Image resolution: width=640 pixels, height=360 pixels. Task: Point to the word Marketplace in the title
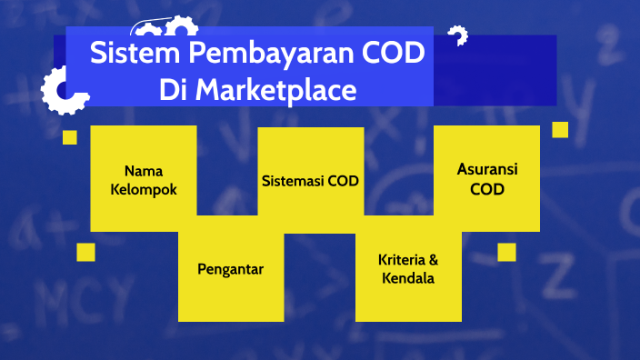[x=274, y=91]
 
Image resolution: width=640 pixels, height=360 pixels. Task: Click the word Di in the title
[x=173, y=91]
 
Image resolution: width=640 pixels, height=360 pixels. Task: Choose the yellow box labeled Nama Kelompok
[x=144, y=179]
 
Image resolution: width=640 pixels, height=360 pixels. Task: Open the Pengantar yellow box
[x=231, y=269]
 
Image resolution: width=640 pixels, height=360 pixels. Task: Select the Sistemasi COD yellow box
[x=311, y=179]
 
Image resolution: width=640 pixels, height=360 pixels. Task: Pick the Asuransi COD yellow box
[x=486, y=179]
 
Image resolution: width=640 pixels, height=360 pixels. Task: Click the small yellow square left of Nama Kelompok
[x=69, y=137]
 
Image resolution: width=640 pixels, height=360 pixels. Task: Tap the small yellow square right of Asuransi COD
[x=560, y=130]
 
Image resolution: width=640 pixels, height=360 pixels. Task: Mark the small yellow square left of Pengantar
[x=85, y=252]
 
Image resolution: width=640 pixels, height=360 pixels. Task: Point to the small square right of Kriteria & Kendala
[x=506, y=252]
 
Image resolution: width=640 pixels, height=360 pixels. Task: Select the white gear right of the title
[x=457, y=36]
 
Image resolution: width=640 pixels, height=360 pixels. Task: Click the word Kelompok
[x=144, y=190]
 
